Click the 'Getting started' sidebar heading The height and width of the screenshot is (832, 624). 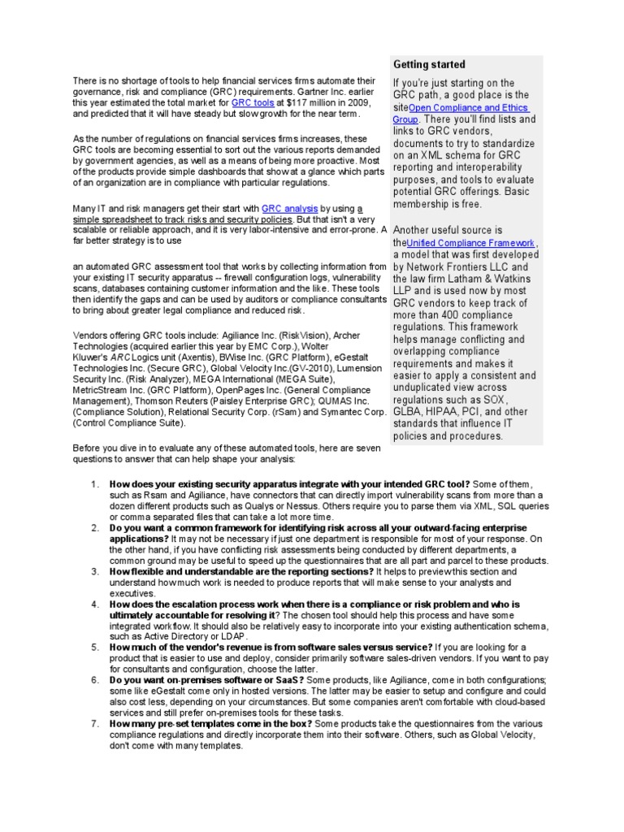[x=429, y=64]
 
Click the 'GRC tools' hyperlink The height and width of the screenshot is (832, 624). [x=252, y=103]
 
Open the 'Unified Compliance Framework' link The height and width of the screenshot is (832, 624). [x=470, y=243]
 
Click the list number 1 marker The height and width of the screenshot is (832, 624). [x=95, y=484]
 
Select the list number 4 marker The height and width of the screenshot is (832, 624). [x=95, y=604]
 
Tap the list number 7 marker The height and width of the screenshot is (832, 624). [x=95, y=722]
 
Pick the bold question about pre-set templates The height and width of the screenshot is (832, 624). [x=211, y=722]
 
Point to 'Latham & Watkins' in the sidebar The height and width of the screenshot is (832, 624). [x=487, y=279]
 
